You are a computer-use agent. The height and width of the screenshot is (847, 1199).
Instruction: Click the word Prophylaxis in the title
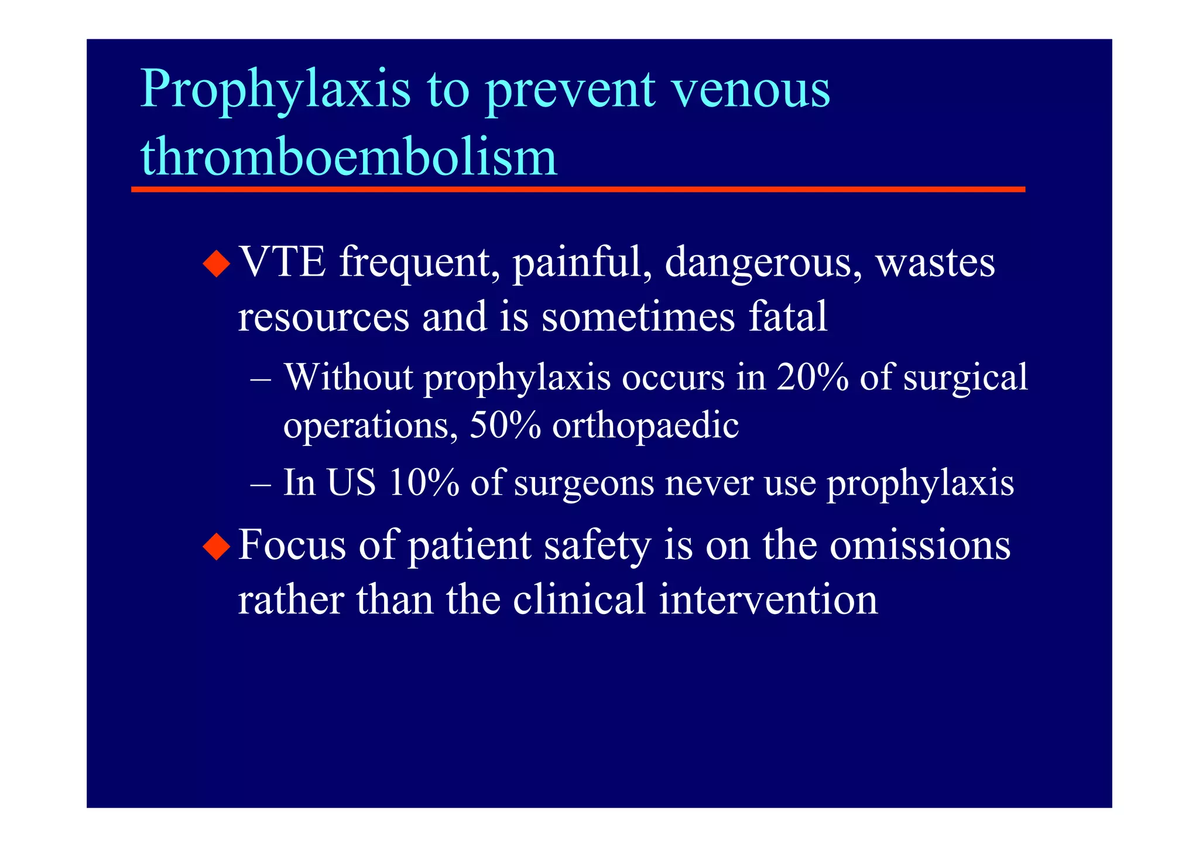pos(275,89)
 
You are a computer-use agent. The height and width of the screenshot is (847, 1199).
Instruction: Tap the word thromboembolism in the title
pos(349,157)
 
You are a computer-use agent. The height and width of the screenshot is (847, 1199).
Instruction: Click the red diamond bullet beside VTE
pos(217,263)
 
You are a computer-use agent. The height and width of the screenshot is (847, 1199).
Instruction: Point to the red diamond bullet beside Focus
pos(217,546)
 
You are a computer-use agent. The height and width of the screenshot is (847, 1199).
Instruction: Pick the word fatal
pos(788,316)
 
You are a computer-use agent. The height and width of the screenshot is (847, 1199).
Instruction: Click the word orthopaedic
pos(645,426)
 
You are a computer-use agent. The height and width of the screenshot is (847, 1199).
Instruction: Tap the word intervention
pos(768,599)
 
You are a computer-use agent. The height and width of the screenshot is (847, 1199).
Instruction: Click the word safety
pos(597,546)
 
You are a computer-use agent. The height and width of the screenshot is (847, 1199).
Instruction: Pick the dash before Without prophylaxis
pos(261,378)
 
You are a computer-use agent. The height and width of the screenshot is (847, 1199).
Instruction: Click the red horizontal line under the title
pos(578,190)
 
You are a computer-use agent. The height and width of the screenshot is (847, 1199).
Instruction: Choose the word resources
pos(323,316)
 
